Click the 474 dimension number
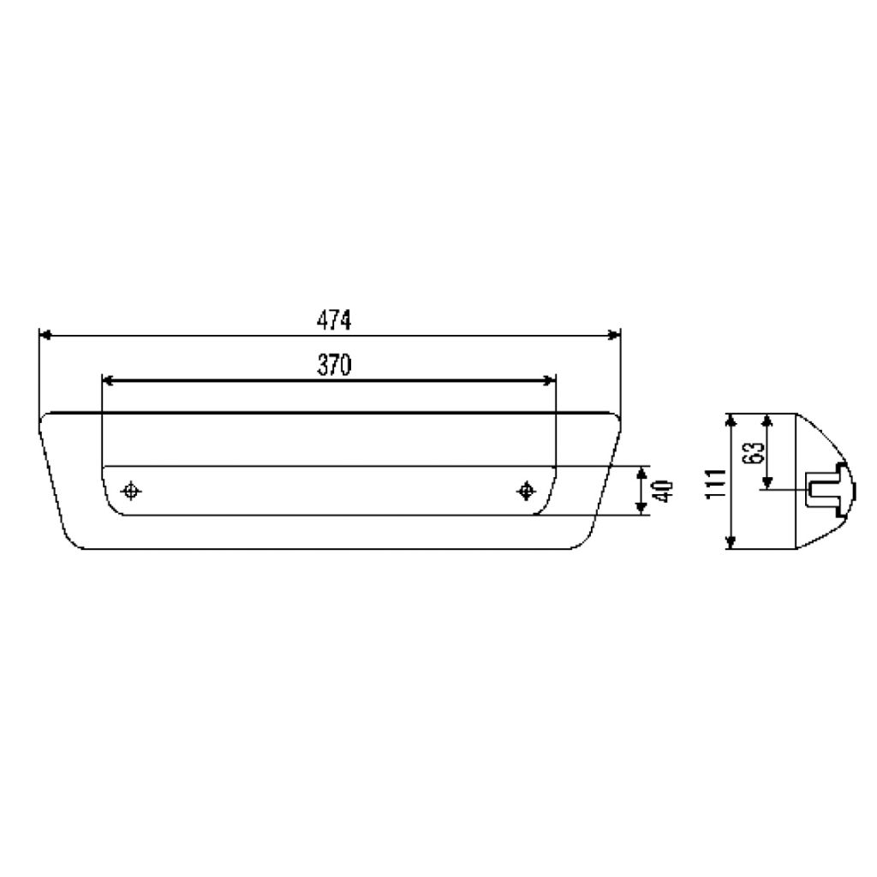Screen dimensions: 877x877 tap(334, 320)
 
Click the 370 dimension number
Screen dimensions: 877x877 tap(334, 365)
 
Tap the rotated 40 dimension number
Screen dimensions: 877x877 tap(664, 491)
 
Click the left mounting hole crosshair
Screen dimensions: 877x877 tap(131, 491)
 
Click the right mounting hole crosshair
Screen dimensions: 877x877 tap(525, 491)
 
